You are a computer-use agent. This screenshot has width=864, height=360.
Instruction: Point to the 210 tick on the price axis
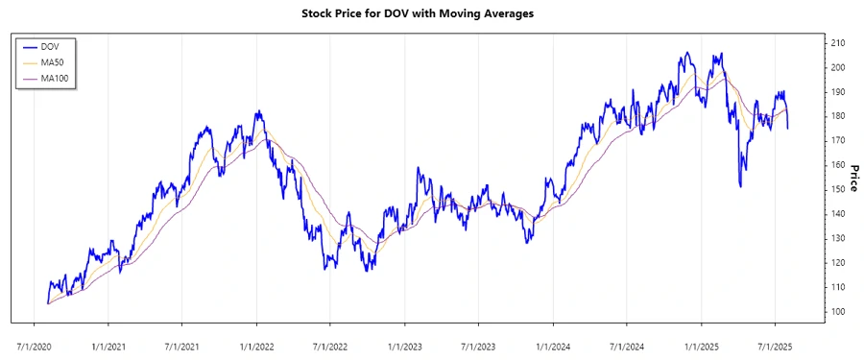pyautogui.click(x=838, y=43)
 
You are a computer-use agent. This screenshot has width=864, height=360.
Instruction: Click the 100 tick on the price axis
pyautogui.click(x=838, y=312)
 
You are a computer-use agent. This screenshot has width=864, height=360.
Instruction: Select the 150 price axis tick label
pyautogui.click(x=838, y=190)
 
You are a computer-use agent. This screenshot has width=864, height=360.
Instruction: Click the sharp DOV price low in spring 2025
pyautogui.click(x=739, y=186)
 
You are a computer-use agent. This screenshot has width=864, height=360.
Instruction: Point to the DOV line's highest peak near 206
pyautogui.click(x=685, y=53)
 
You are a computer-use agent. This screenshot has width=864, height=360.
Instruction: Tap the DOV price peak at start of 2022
pyautogui.click(x=257, y=111)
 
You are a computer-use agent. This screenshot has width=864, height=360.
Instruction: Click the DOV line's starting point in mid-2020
pyautogui.click(x=47, y=303)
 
